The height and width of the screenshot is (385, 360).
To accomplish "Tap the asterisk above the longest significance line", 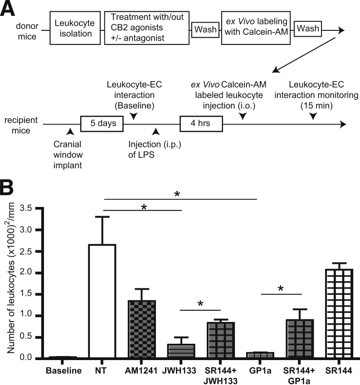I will click(x=180, y=193).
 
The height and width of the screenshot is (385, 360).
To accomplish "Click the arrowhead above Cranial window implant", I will click(x=69, y=131).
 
